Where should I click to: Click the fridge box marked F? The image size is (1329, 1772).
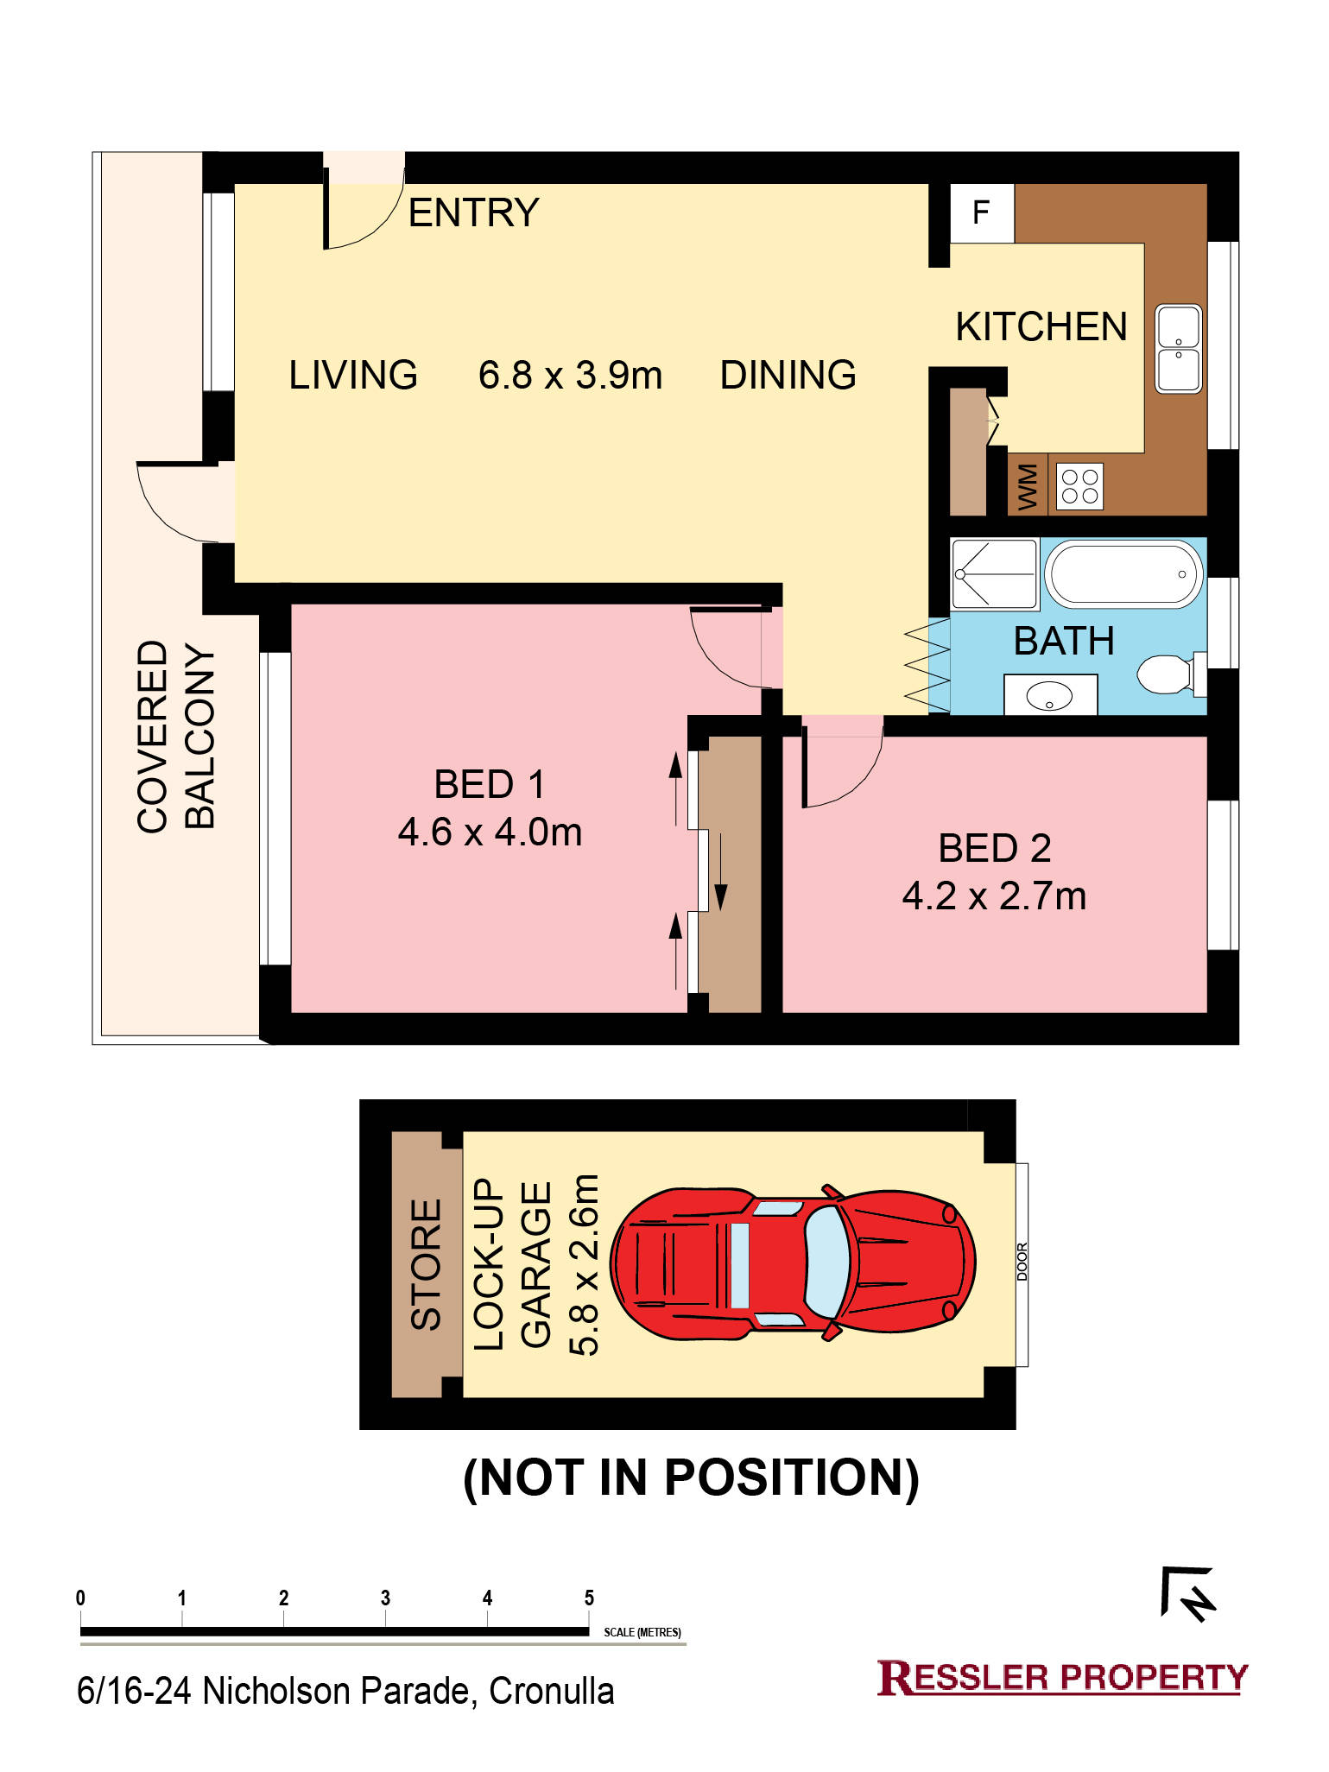982,212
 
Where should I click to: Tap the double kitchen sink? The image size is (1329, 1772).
1178,348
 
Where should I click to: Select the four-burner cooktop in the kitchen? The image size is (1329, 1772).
1079,486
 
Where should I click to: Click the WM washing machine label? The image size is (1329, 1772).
1028,487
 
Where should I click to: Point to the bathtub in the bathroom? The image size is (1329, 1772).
1123,573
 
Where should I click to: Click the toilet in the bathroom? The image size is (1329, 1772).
1171,674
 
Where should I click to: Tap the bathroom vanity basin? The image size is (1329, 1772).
1050,695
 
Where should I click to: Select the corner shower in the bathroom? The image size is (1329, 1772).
994,574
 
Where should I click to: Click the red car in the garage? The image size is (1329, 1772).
793,1263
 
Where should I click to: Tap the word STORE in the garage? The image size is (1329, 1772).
426,1263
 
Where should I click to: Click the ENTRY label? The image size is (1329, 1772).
473,212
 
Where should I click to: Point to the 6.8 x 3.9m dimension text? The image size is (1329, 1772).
570,376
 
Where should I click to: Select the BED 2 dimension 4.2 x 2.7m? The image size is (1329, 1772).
994,896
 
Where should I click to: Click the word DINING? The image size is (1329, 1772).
788,376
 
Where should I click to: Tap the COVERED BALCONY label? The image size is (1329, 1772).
175,736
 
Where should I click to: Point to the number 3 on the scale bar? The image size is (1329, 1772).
385,1598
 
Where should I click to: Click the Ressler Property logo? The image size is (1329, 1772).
1062,1677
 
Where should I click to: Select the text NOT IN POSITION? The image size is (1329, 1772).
691,1478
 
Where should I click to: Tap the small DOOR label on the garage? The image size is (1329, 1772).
1022,1262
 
